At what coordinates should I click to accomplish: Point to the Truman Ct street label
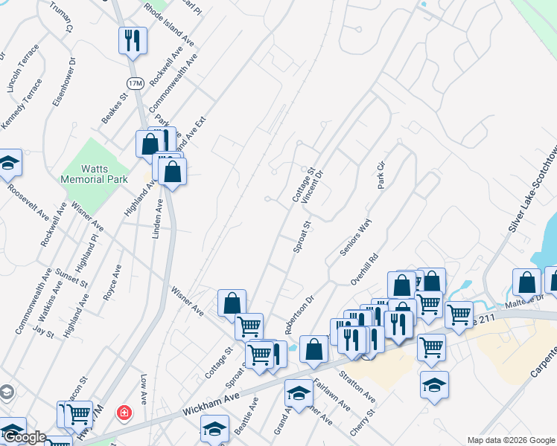click(x=62, y=16)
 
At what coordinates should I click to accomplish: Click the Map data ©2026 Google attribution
click(x=511, y=440)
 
